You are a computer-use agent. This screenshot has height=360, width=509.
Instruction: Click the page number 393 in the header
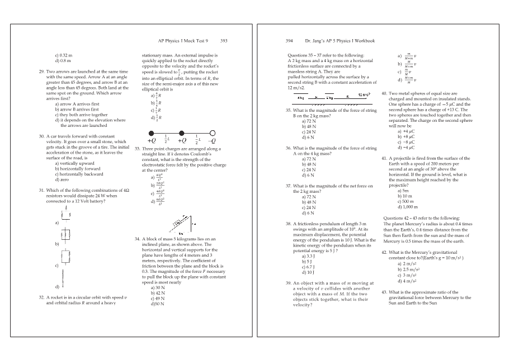coord(224,41)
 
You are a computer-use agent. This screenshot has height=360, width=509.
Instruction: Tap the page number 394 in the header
coord(289,41)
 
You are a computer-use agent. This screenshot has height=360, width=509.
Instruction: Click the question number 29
coord(41,72)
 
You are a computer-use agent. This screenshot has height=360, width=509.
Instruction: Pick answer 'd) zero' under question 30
coord(62,179)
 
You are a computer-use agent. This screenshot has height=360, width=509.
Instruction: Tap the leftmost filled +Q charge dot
coord(152,133)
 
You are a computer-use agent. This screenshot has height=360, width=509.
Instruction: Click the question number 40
coord(384,94)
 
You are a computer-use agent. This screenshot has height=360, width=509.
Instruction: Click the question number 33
coord(138,149)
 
